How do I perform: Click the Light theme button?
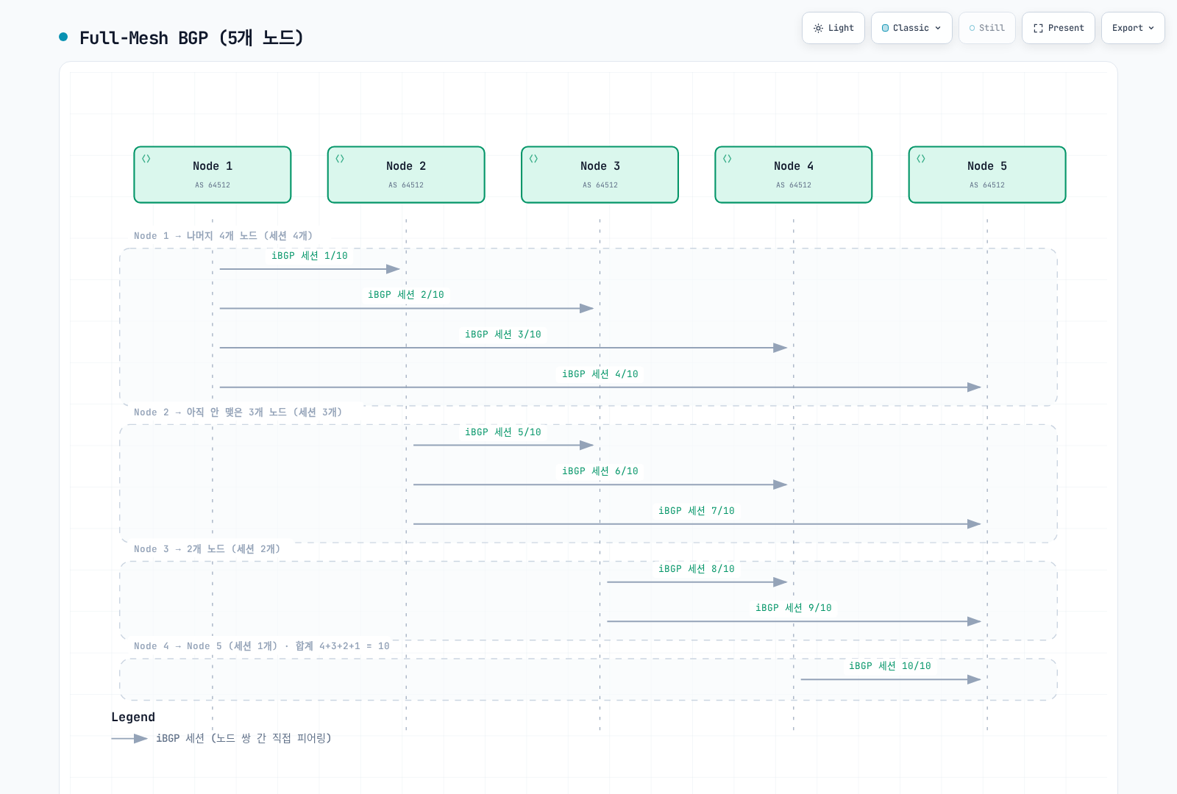pyautogui.click(x=833, y=28)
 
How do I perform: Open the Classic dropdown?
pyautogui.click(x=911, y=28)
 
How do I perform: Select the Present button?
pyautogui.click(x=1059, y=28)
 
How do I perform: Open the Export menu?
pyautogui.click(x=1133, y=28)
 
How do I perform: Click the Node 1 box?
pyautogui.click(x=213, y=174)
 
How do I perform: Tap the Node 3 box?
pyautogui.click(x=600, y=174)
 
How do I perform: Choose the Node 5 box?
pyautogui.click(x=987, y=174)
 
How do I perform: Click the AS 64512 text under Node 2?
pyautogui.click(x=406, y=185)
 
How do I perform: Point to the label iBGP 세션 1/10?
pyautogui.click(x=310, y=256)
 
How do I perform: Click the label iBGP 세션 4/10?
pyautogui.click(x=600, y=374)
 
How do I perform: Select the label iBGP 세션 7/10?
pyautogui.click(x=697, y=510)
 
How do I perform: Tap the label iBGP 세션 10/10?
pyautogui.click(x=890, y=666)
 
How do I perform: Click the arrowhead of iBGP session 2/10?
pyautogui.click(x=587, y=308)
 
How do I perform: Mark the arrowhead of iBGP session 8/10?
pyautogui.click(x=780, y=582)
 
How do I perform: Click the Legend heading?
pyautogui.click(x=133, y=717)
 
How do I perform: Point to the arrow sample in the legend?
pyautogui.click(x=129, y=738)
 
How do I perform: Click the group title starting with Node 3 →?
pyautogui.click(x=207, y=548)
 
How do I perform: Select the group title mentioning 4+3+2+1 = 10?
pyautogui.click(x=262, y=646)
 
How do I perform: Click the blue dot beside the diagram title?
pyautogui.click(x=63, y=37)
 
